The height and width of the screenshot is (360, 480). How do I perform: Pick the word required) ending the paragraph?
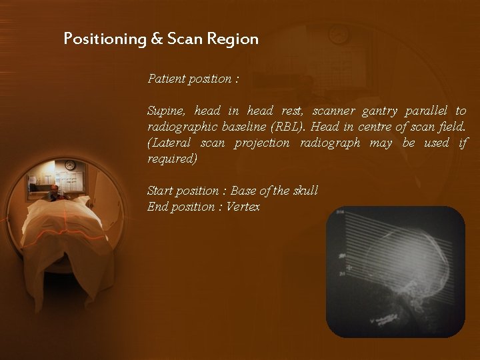click(172, 159)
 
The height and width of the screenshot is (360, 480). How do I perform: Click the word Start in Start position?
click(159, 191)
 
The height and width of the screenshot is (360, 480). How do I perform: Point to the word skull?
click(305, 191)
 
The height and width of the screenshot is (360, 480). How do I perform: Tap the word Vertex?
click(243, 207)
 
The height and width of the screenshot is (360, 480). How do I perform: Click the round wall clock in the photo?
click(70, 165)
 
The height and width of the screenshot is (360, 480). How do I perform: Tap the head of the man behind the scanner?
click(54, 191)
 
